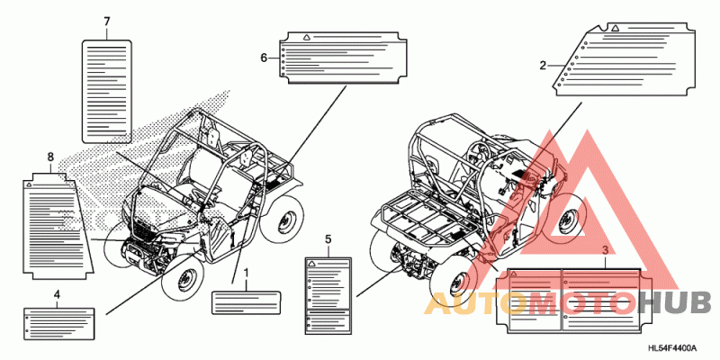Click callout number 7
[x=107, y=21]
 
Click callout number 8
[x=50, y=157]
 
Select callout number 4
[x=57, y=294]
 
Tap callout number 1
[x=246, y=274]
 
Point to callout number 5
[x=328, y=239]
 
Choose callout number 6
[x=264, y=58]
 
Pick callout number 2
[x=543, y=66]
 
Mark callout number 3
[x=605, y=250]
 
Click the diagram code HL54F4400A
[x=672, y=347]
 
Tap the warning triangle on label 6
[x=305, y=36]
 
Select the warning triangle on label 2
[x=616, y=28]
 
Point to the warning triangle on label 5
[x=311, y=264]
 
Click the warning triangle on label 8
[x=29, y=184]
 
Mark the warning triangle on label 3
[x=514, y=274]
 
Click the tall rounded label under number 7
[x=107, y=91]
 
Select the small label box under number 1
[x=246, y=302]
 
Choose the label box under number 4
[x=58, y=322]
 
